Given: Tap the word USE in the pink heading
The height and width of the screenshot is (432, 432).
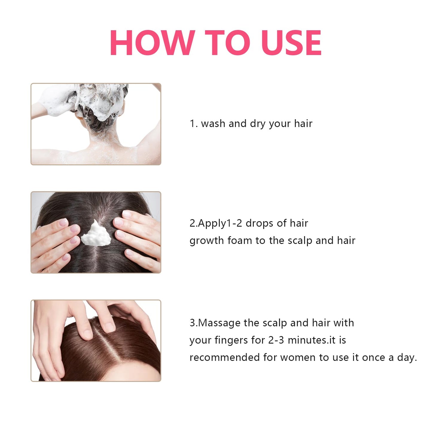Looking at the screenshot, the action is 291,42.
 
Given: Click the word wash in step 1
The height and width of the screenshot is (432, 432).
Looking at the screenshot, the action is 213,123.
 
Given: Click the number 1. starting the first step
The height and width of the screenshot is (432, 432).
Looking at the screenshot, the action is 194,124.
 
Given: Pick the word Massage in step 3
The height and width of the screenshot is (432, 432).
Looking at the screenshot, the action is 219,323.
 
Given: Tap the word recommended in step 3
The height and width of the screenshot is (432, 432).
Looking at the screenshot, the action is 225,357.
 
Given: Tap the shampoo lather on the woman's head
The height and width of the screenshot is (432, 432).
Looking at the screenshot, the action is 100,101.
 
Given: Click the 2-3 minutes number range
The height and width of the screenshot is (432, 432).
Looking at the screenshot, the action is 297,340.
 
